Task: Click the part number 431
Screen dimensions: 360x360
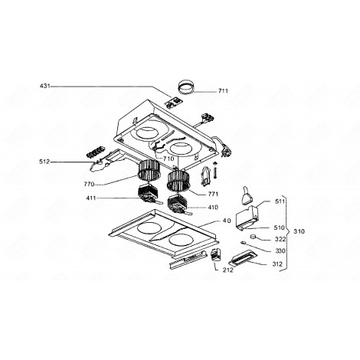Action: click(x=44, y=86)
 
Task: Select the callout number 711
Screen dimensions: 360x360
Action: click(x=223, y=91)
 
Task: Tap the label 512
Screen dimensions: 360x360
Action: click(x=44, y=162)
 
